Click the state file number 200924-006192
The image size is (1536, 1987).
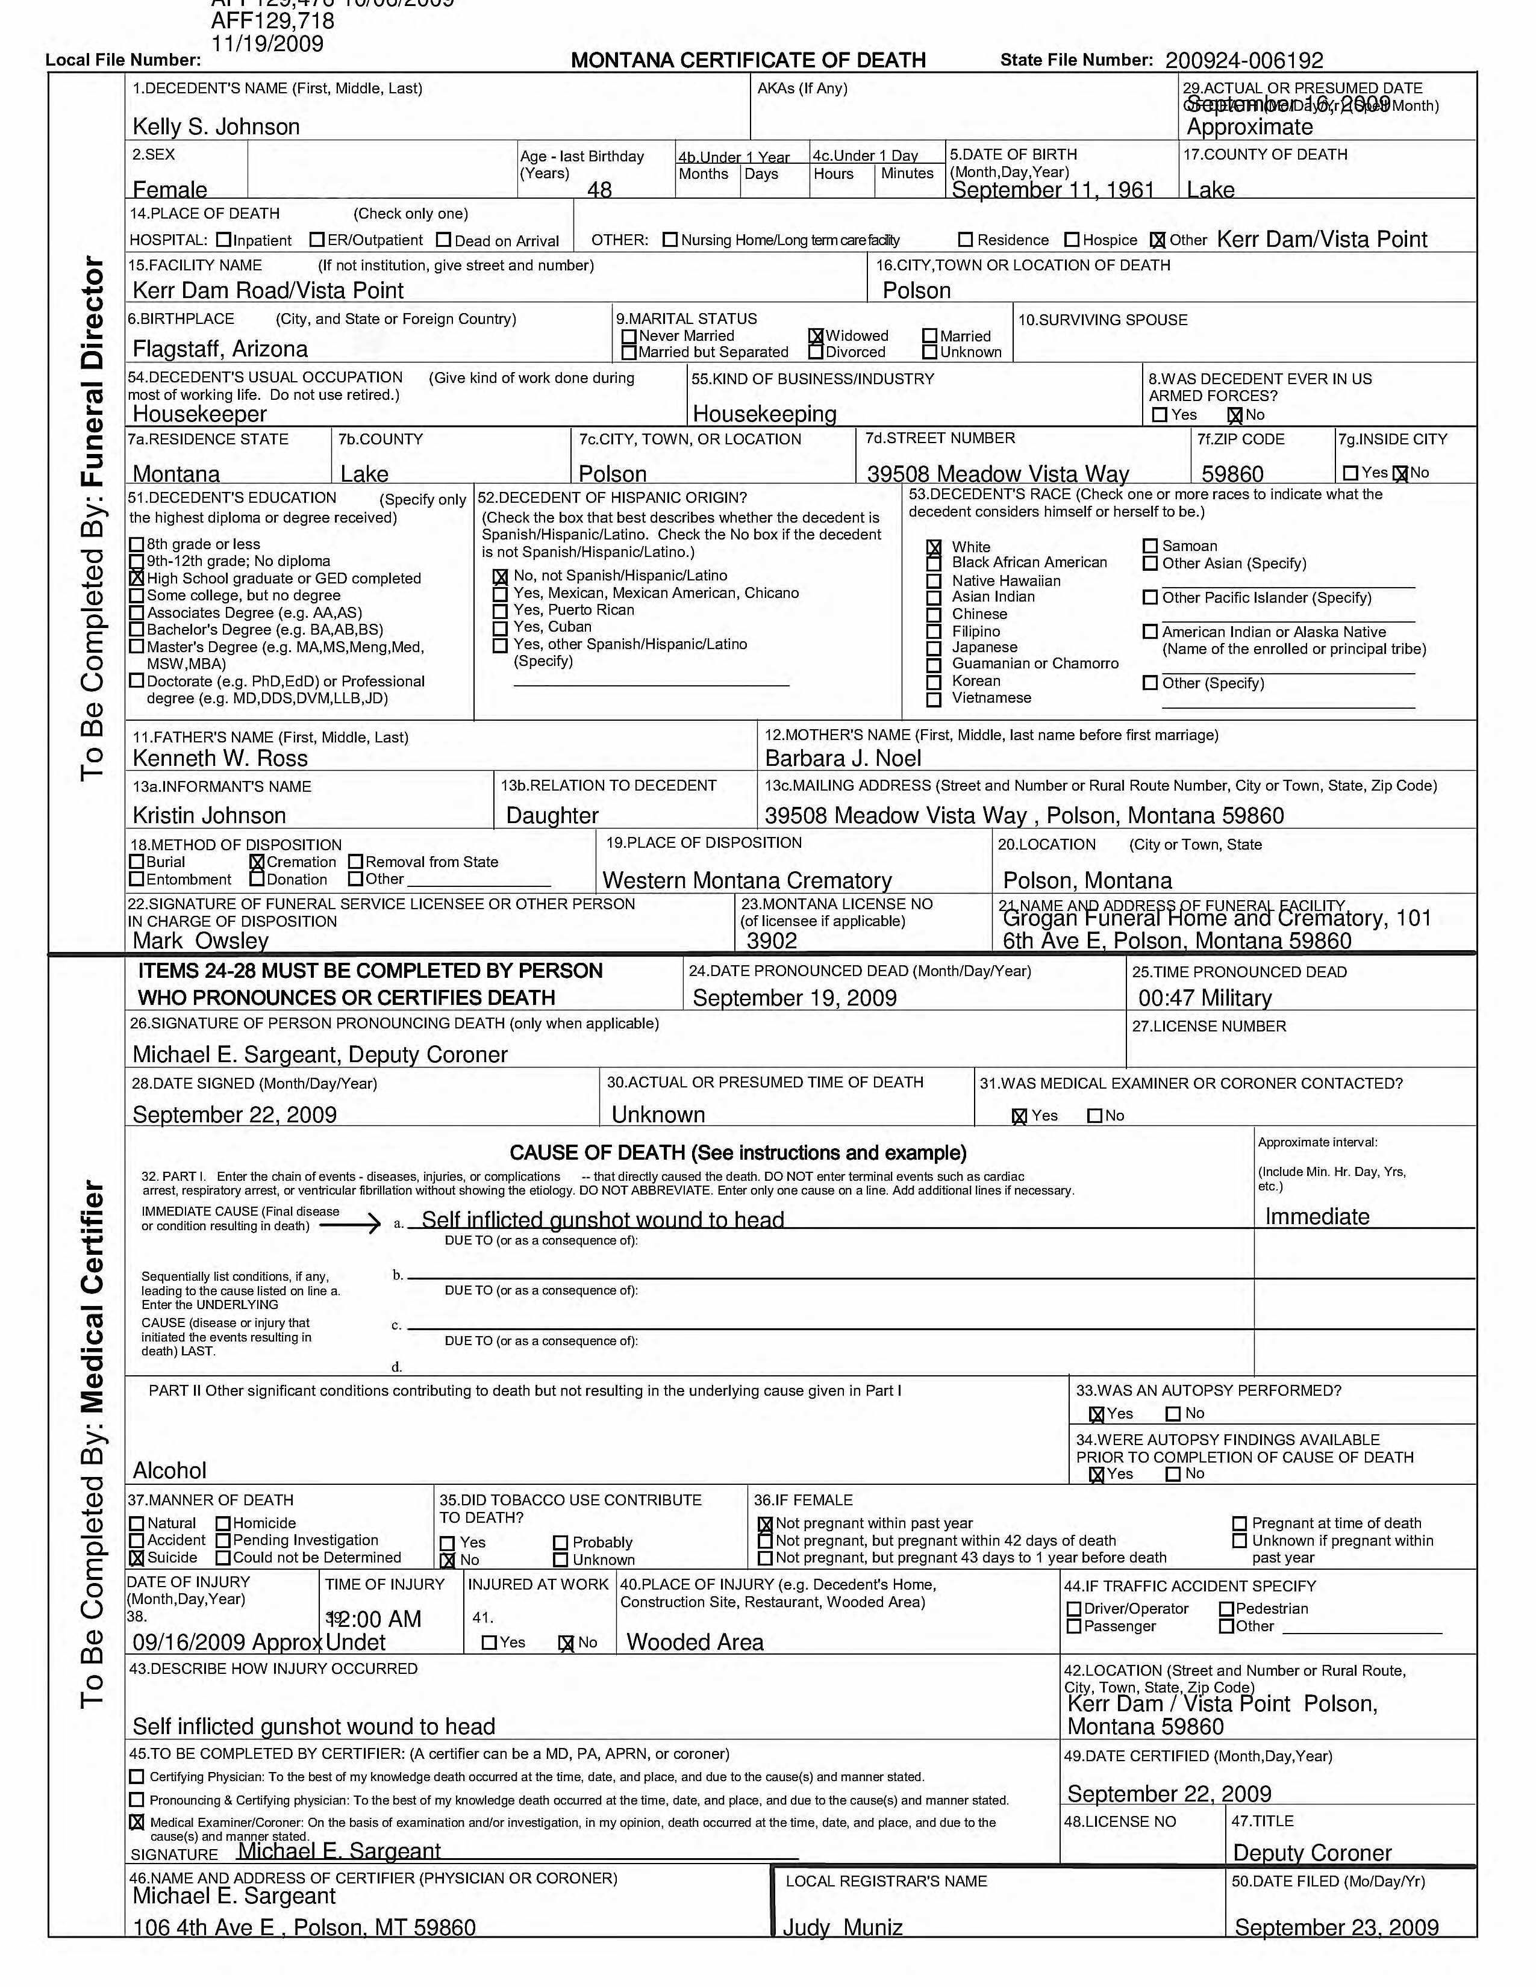point(1243,61)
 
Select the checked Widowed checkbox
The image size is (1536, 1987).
point(816,337)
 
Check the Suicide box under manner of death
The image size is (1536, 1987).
point(137,1558)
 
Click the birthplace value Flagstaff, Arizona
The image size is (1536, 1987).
point(220,349)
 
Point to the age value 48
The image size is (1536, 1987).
point(600,189)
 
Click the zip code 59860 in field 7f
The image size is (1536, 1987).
point(1232,474)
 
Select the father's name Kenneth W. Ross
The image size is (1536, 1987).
point(220,759)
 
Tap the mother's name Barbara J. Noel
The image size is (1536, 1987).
point(843,759)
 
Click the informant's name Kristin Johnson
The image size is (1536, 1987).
point(209,816)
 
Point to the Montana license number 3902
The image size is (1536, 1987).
point(772,941)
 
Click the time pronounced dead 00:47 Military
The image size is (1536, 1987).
point(1204,998)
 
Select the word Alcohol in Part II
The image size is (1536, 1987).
point(169,1470)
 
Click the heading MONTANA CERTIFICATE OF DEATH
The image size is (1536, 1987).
point(748,61)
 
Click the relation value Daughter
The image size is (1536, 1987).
point(552,816)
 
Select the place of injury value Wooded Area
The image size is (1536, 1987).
point(695,1642)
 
